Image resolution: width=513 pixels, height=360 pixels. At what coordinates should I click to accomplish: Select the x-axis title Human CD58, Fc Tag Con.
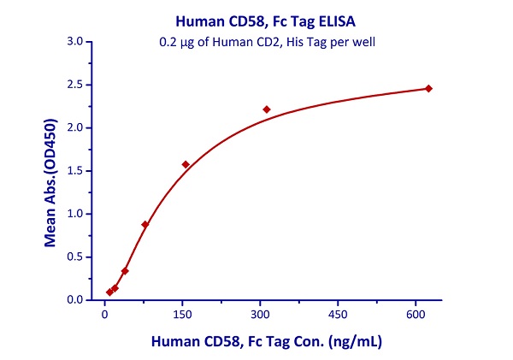266,340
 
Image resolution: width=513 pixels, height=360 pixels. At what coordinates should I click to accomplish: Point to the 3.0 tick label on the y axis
74,41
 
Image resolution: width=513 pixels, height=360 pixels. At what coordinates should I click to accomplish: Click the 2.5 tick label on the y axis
74,85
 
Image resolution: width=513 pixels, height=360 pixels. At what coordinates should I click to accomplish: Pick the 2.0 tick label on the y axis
74,127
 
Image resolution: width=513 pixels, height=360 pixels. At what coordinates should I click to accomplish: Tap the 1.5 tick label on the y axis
74,171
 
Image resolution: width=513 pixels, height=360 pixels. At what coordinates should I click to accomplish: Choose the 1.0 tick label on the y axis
74,214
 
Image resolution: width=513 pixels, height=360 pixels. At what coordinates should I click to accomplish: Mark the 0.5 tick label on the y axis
74,257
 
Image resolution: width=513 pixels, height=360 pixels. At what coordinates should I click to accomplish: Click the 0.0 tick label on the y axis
74,300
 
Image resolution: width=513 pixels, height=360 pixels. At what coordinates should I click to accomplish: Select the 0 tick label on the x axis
104,314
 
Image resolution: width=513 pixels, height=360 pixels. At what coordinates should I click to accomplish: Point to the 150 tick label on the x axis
182,314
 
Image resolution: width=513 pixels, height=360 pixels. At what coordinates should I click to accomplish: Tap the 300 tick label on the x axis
260,314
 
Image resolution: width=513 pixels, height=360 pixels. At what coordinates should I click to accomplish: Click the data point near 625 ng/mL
428,88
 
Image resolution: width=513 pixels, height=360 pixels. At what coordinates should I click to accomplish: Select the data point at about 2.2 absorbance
267,109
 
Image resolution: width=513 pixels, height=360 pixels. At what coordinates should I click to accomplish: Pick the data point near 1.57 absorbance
186,164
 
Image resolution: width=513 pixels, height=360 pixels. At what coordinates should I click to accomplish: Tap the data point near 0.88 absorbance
145,224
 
